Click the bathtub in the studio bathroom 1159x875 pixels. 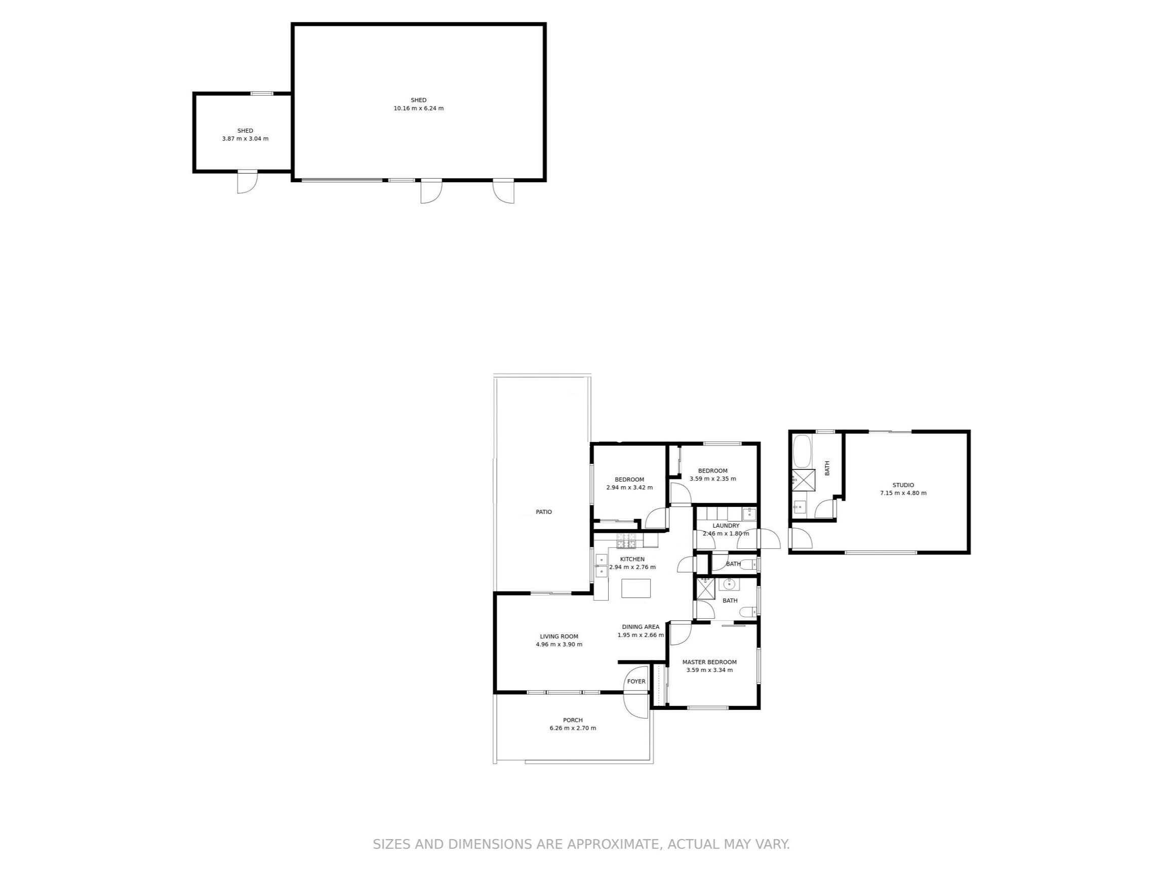tap(802, 451)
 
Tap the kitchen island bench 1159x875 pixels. tap(635, 588)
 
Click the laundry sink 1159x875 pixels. tap(749, 513)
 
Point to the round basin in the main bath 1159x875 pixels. tap(729, 584)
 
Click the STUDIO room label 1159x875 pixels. tap(903, 485)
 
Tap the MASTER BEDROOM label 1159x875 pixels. tap(709, 662)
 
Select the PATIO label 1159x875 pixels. tap(544, 512)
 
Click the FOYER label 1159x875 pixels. tap(636, 681)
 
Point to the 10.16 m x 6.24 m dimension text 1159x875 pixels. tap(419, 108)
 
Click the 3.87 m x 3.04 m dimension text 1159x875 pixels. tap(245, 139)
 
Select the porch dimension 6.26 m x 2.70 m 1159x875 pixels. tap(573, 728)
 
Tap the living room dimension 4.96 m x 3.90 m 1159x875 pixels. tap(559, 645)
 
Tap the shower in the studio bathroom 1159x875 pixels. tap(803, 480)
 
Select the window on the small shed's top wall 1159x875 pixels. tap(261, 94)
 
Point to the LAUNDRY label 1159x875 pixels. tap(726, 526)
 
